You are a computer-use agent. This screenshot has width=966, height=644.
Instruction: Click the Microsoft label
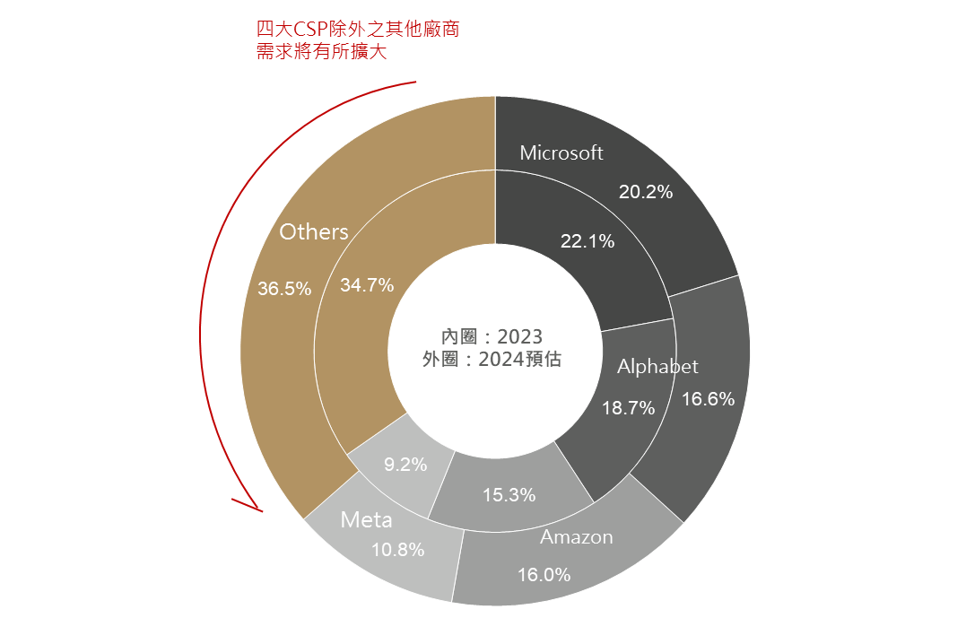click(561, 152)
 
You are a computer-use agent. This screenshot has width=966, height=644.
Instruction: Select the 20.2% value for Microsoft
click(646, 191)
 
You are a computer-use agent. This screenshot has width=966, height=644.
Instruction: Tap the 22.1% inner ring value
click(587, 240)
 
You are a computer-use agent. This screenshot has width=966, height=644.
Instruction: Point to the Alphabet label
click(657, 366)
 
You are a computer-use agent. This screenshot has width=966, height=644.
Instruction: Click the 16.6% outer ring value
click(709, 399)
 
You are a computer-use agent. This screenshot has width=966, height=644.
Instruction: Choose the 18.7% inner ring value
click(628, 408)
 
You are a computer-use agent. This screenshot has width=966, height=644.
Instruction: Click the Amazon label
click(576, 537)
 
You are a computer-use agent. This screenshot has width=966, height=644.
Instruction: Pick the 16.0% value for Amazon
click(544, 575)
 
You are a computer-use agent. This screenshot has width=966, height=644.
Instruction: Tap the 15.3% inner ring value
click(509, 494)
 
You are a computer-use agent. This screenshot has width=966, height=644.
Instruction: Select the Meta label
click(366, 519)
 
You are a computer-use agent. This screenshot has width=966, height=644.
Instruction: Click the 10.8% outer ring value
click(397, 550)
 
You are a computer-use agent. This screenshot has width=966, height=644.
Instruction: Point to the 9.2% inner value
click(405, 465)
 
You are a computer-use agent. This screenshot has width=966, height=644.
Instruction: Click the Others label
click(313, 231)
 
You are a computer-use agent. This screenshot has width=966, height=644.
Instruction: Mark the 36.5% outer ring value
click(284, 289)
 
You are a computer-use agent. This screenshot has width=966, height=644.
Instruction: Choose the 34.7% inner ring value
click(367, 285)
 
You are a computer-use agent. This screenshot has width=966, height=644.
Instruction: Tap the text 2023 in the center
click(519, 336)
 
